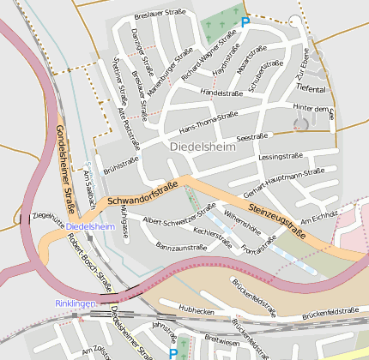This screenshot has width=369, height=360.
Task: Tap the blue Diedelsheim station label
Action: point(89,225)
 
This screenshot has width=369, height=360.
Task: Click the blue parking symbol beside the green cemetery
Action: point(245,22)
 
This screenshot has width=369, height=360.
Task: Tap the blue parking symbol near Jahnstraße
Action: point(173,353)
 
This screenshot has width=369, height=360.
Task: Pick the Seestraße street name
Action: point(251,135)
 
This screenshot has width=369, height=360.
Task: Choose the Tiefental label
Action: point(311,89)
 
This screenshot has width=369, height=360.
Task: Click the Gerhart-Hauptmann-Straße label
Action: point(284,182)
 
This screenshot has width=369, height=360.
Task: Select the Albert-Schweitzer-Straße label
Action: point(179,214)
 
